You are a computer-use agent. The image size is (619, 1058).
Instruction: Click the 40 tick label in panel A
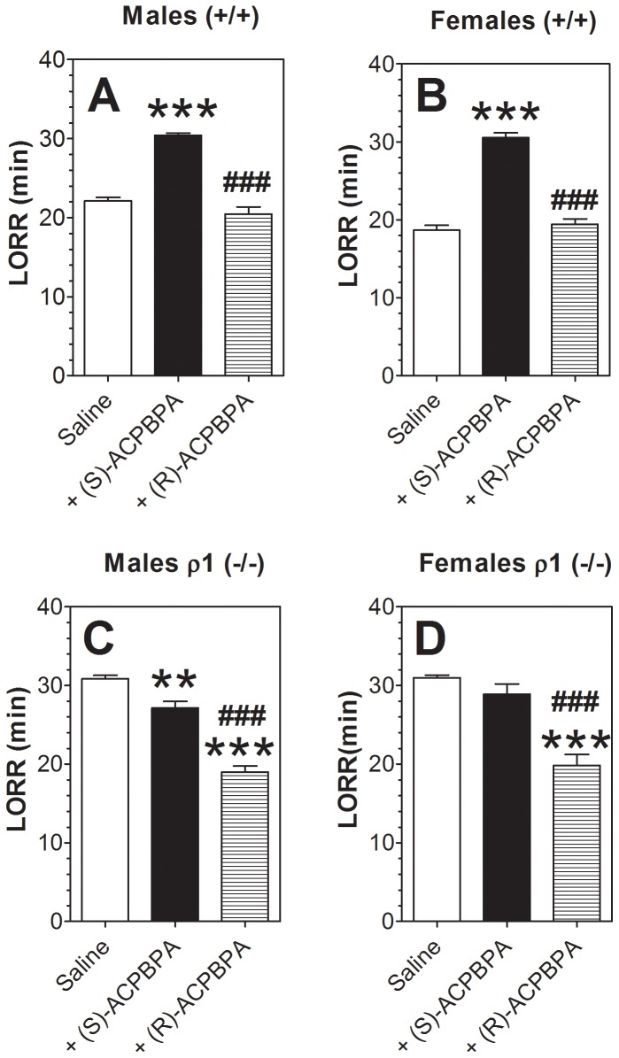pyautogui.click(x=53, y=60)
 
